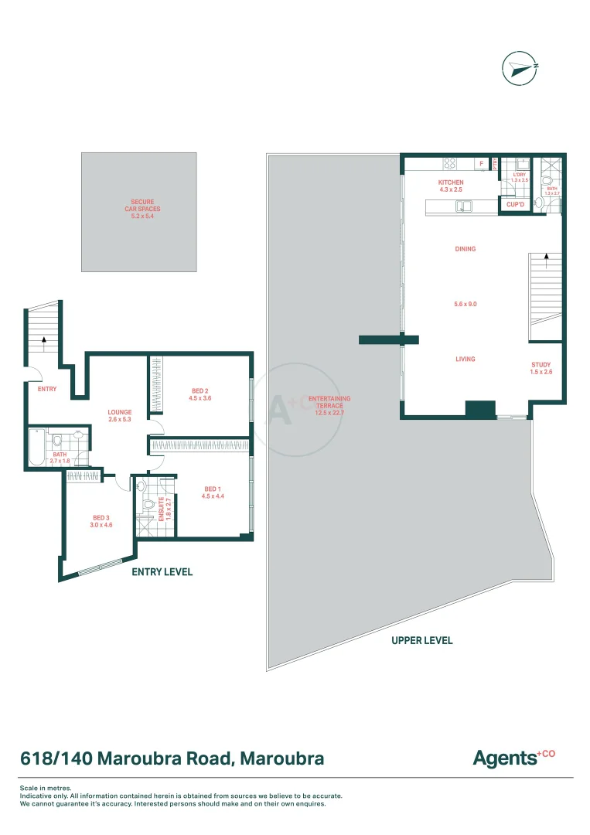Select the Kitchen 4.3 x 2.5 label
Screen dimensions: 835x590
[451, 186]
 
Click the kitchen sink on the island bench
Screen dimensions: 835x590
[464, 206]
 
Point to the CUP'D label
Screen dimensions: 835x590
[516, 205]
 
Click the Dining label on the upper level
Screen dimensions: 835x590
[466, 249]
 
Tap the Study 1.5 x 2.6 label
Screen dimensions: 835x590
[541, 368]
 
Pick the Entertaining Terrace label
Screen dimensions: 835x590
[329, 406]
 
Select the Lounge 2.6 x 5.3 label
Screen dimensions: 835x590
[120, 417]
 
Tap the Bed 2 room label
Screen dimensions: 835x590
[200, 394]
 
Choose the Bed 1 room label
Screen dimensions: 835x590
[214, 492]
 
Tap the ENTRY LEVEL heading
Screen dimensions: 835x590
[162, 572]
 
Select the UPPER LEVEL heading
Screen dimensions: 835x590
[421, 640]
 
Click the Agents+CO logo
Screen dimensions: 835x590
[514, 758]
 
